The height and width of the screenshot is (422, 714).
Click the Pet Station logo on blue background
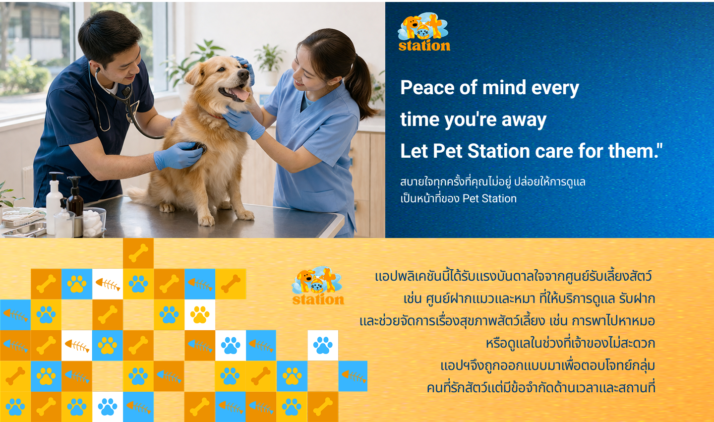[424, 33]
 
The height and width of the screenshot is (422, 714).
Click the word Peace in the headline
[427, 88]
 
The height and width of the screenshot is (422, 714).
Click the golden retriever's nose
[243, 74]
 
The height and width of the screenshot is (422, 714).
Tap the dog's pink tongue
[242, 94]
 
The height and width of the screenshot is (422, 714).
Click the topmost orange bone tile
[138, 253]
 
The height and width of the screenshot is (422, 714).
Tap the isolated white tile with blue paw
[323, 345]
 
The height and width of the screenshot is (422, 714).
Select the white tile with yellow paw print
[200, 314]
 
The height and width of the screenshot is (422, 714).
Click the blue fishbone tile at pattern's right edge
[353, 376]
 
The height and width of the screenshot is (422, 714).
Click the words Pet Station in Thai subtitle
[489, 199]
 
